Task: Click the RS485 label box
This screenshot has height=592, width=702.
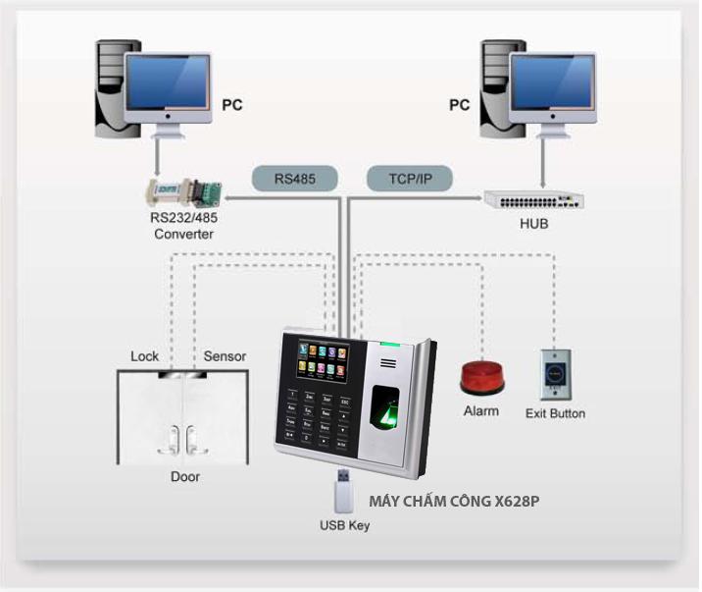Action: point(294,179)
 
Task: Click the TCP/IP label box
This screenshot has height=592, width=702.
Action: point(410,179)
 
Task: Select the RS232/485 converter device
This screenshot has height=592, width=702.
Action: point(184,192)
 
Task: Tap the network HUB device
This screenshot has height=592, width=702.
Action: point(533,200)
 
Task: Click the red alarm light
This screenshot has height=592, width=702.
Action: point(481,378)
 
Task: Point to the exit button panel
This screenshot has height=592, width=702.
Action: point(555,375)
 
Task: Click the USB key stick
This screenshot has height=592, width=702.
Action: point(344,491)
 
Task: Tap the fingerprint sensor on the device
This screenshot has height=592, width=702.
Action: point(384,406)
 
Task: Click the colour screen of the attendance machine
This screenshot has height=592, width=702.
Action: point(323,360)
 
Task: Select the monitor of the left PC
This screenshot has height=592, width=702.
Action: point(168,88)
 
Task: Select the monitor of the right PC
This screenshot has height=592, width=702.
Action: point(552,88)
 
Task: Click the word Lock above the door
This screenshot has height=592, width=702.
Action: point(144,356)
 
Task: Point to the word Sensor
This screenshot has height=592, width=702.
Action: point(225,356)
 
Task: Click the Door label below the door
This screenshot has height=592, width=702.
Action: point(185,476)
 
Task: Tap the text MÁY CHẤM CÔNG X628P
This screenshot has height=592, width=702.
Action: point(454,501)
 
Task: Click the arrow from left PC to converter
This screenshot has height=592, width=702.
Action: point(157,158)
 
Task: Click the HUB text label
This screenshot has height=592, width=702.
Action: point(533,223)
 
